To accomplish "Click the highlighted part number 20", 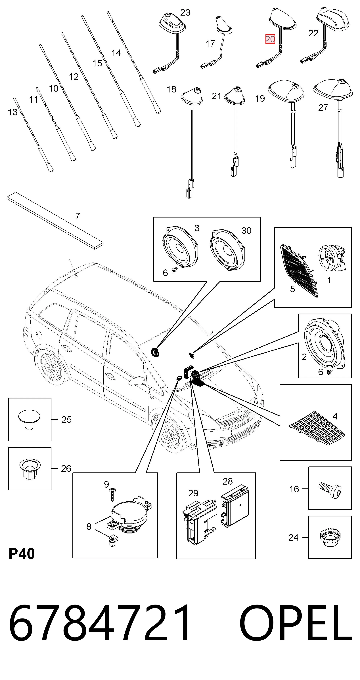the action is (270, 39).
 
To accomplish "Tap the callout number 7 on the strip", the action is (77, 216).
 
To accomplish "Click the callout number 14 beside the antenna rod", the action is (116, 53).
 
